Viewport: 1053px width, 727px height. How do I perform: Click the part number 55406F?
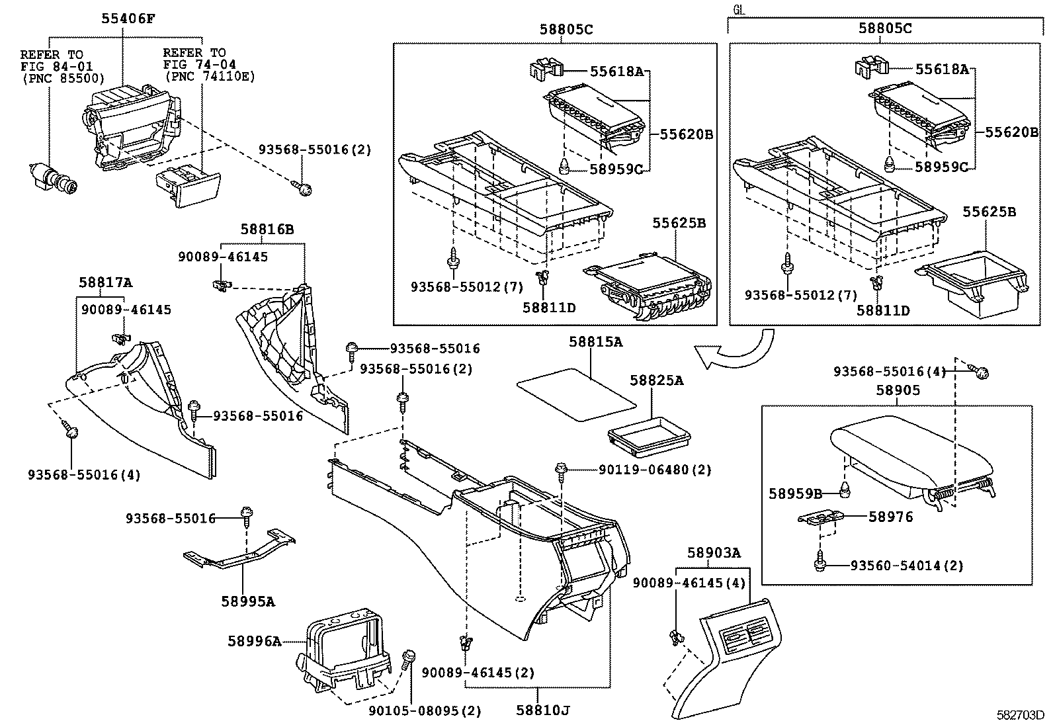(x=128, y=20)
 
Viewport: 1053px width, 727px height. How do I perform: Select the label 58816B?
(x=267, y=230)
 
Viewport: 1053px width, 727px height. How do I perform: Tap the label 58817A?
(x=106, y=282)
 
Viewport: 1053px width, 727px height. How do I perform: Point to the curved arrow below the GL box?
(x=734, y=351)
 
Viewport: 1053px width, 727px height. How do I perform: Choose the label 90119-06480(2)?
(x=655, y=470)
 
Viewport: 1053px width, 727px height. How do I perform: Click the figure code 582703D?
(x=1021, y=716)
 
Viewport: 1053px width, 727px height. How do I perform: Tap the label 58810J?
(x=543, y=711)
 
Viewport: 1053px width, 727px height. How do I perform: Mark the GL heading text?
(x=739, y=9)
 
